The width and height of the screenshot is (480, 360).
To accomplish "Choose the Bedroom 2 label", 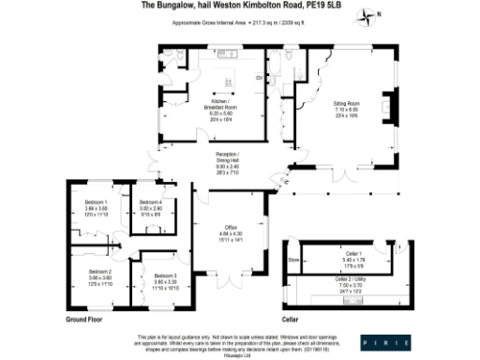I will click(97, 275).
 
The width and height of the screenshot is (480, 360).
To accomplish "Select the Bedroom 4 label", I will click(151, 207).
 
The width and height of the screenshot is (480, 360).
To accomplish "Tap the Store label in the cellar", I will click(292, 260).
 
